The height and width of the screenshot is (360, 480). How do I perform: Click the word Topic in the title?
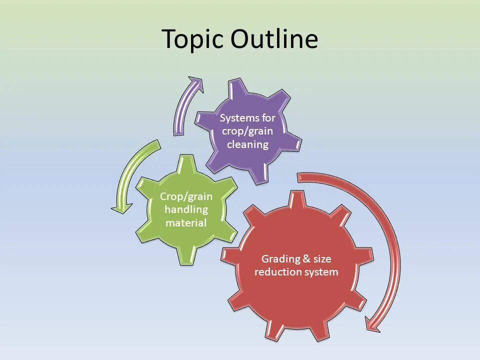click(x=192, y=39)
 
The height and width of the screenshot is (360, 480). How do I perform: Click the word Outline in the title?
click(x=274, y=39)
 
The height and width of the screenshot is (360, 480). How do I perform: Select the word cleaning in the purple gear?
click(x=248, y=144)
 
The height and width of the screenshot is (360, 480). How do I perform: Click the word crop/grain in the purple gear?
click(x=248, y=131)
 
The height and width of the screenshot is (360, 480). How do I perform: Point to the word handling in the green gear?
click(x=186, y=209)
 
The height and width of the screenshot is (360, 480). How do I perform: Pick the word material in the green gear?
click(x=186, y=222)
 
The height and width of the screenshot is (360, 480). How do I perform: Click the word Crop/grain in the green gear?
click(x=186, y=196)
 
